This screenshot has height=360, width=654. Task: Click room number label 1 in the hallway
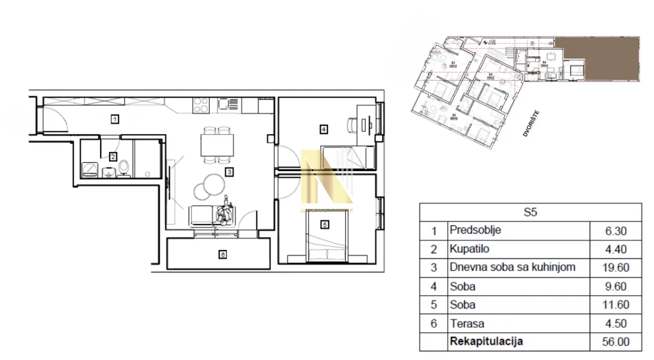114,118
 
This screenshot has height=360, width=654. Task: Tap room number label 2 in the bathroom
113,157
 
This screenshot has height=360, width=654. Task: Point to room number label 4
323,130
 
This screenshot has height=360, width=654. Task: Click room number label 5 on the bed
325,224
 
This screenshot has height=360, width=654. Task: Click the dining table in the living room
217,145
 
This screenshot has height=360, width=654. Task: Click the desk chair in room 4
349,125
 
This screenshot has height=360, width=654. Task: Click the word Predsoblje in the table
475,230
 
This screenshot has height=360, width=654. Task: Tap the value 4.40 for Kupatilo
616,249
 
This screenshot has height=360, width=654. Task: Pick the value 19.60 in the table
616,268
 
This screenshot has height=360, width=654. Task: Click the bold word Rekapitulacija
486,341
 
